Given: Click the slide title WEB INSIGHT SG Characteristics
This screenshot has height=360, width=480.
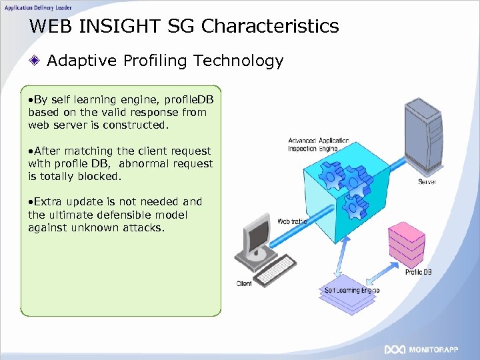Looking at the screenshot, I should tap(185, 27).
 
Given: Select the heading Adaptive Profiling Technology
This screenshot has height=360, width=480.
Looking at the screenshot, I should tap(165, 61).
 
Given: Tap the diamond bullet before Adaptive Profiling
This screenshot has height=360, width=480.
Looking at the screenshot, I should tap(36, 61).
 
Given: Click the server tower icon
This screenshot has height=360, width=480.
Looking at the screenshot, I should tap(425, 137).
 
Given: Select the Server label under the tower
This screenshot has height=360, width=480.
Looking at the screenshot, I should tap(427, 182).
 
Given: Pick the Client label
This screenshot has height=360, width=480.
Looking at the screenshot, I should tap(244, 284).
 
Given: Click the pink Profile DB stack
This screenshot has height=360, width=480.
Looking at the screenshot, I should tap(406, 243).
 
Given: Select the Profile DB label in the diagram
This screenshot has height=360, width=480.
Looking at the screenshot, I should tap(419, 272).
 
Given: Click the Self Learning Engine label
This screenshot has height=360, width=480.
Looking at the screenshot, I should tap(351, 291).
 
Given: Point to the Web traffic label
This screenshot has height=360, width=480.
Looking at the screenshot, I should tap(292, 221).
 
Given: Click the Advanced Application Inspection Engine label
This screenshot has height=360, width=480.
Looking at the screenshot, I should tap(318, 145).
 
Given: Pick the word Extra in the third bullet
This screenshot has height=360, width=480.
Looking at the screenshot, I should tap(47, 201).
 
